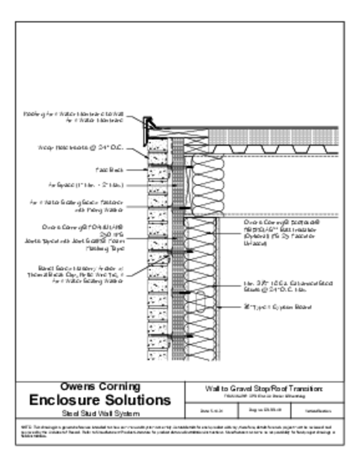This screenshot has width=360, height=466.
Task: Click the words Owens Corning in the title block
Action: pos(100,387)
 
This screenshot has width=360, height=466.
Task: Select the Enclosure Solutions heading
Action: pos(100,400)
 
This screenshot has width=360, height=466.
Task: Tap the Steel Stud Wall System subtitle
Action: pos(100,414)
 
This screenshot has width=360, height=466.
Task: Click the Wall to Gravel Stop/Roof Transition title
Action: pos(264,389)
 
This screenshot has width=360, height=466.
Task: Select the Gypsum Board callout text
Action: pos(278,307)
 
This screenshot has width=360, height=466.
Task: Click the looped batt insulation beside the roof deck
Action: pos(208,185)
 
